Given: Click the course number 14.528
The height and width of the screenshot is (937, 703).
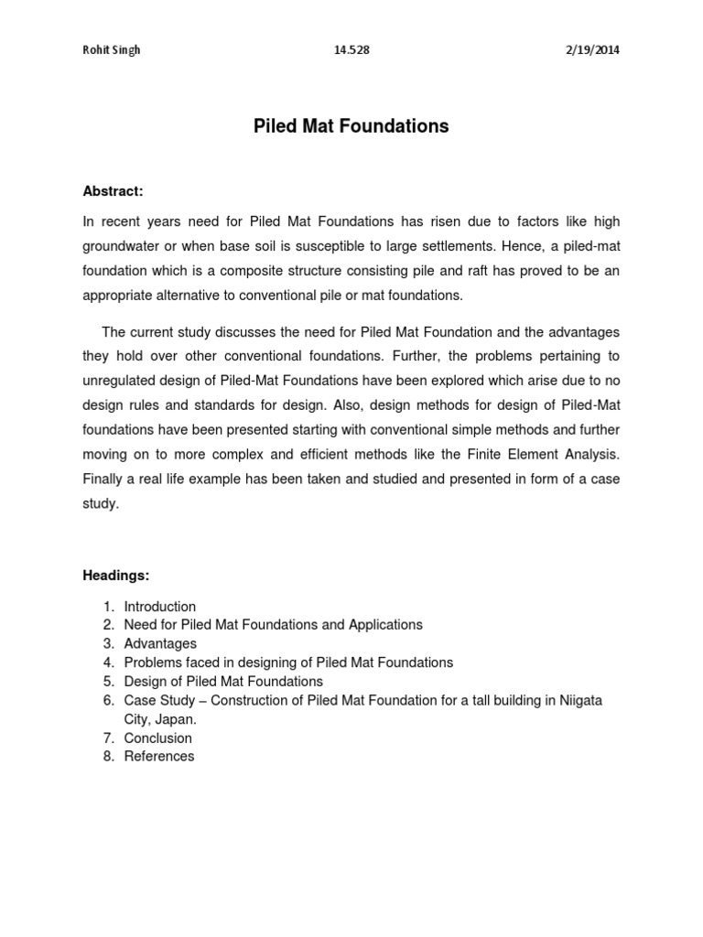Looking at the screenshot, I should coord(351,50).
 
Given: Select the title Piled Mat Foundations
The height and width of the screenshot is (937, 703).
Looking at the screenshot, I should coord(351,126).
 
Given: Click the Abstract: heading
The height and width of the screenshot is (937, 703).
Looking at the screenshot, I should coord(114,191).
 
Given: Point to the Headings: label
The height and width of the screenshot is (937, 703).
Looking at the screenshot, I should coord(116,576).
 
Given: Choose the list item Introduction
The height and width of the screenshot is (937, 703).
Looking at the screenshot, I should coord(160,606).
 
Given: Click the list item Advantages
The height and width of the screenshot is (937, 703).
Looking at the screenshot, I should coord(160,643).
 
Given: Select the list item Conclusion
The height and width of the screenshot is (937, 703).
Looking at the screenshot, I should coord(158,738).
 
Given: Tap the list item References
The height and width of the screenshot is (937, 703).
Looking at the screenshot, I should coord(159,756).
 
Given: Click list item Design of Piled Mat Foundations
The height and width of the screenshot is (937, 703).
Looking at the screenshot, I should coord(223,681).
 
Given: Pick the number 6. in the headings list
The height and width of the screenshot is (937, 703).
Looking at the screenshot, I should coord(108,700).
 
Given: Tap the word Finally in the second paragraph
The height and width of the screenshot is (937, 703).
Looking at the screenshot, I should coord(107,479).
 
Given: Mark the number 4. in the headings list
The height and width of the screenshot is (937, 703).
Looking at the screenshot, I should coord(108,662).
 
